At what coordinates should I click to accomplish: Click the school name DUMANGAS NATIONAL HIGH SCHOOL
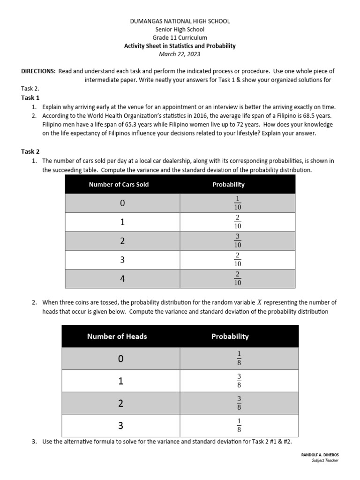point(180,22)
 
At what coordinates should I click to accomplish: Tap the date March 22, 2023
point(180,54)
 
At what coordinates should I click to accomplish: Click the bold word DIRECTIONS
point(38,71)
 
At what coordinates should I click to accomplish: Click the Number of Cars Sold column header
point(119,184)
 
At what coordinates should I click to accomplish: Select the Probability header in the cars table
point(228,184)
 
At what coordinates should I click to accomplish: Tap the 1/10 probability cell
point(238,203)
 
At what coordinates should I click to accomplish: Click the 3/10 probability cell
point(238,241)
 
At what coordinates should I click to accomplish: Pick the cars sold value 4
point(122,279)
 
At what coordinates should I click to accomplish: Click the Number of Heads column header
point(117,336)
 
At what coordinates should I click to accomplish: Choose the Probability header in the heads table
point(230,336)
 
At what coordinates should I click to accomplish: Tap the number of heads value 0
point(121,359)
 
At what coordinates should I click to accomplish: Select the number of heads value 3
point(121,426)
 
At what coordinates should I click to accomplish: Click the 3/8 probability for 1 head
point(239,381)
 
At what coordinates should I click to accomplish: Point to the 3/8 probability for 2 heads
point(239,403)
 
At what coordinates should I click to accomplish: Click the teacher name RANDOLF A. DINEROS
point(319,455)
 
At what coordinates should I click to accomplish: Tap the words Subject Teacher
point(325,460)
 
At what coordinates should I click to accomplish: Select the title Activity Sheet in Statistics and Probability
point(180,46)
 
